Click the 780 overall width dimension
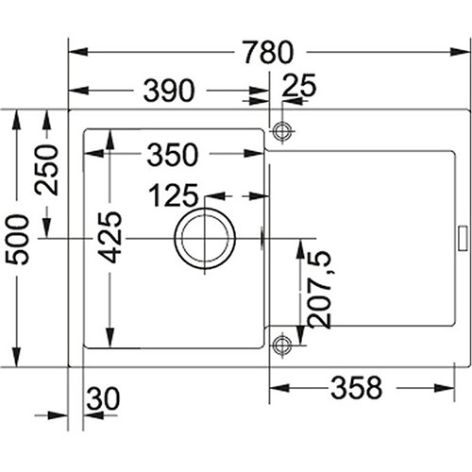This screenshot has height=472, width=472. [268, 52]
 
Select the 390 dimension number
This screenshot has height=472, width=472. [169, 91]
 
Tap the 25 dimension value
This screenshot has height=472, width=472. [299, 85]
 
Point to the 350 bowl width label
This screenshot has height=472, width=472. [173, 154]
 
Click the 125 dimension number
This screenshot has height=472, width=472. [174, 195]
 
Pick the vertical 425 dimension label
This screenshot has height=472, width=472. [110, 237]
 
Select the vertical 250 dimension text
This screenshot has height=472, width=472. [46, 170]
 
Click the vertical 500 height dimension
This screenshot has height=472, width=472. [17, 239]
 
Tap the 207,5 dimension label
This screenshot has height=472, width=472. [320, 290]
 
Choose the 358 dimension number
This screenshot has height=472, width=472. [357, 388]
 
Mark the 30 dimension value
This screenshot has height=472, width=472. [103, 398]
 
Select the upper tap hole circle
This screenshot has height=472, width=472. [282, 131]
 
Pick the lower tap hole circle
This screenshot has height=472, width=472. [282, 346]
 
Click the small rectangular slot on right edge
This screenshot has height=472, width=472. [463, 239]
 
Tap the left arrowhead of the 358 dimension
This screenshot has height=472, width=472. [279, 388]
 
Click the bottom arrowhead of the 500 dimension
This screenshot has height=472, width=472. [17, 357]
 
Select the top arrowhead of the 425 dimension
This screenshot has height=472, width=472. [110, 139]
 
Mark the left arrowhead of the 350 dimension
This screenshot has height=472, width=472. [94, 154]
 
